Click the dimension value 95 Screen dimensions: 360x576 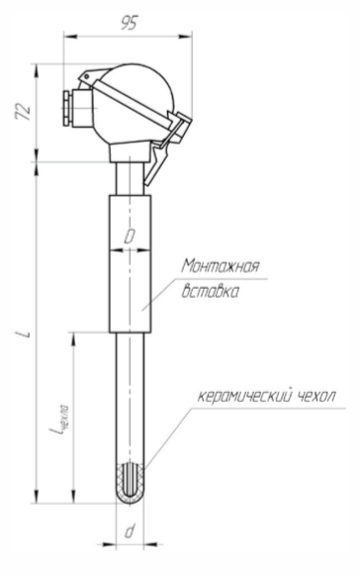click(129, 23)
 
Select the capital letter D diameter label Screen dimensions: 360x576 click(130, 237)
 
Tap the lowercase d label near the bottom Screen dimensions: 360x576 click(130, 531)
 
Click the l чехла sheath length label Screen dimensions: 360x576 click(59, 420)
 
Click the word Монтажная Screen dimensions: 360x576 click(221, 266)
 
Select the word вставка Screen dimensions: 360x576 click(211, 291)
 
